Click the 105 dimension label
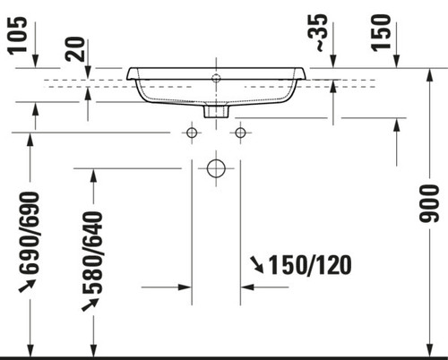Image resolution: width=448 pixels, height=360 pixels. point(17,36)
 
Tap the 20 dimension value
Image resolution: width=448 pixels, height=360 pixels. point(75,49)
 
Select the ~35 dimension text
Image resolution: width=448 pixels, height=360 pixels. point(318,32)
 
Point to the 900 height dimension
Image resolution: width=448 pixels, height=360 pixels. point(429,203)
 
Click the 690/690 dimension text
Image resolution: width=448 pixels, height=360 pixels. point(29,233)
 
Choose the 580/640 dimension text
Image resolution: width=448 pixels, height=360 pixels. point(92,253)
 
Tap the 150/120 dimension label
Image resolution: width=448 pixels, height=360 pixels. point(310,265)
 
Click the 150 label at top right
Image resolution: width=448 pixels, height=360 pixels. point(381,32)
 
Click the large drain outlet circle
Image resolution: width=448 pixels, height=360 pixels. point(216,168)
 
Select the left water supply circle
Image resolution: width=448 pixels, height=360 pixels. point(192,133)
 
